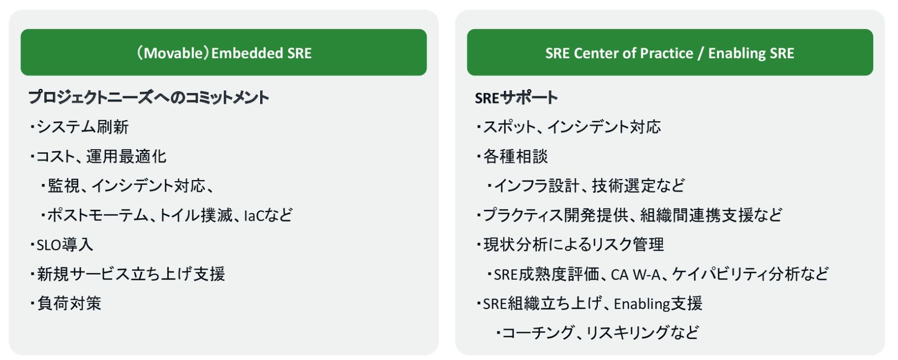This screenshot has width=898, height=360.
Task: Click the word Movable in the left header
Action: click(x=174, y=53)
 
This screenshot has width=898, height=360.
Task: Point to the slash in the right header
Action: click(x=700, y=53)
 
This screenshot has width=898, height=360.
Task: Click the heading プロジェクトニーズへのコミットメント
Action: click(x=149, y=97)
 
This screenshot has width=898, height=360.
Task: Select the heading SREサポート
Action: click(x=517, y=97)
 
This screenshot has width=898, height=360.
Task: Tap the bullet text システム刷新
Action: click(x=82, y=127)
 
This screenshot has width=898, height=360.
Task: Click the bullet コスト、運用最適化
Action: click(x=101, y=156)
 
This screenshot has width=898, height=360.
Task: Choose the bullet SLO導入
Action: click(x=65, y=245)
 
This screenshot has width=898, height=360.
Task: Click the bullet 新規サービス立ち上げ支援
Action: click(x=131, y=274)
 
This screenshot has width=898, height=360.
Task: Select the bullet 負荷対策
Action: click(x=69, y=304)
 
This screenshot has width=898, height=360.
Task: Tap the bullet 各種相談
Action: click(x=515, y=156)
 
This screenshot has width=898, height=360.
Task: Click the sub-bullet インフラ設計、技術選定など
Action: click(x=589, y=186)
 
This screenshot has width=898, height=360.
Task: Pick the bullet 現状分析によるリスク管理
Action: click(x=574, y=245)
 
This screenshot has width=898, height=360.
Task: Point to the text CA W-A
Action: click(x=636, y=275)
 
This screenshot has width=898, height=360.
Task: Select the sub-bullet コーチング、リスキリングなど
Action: click(x=601, y=333)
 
